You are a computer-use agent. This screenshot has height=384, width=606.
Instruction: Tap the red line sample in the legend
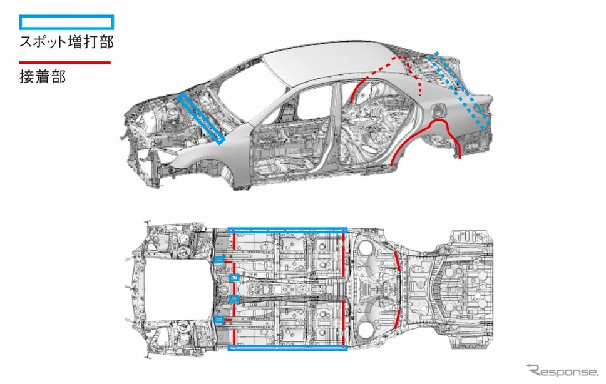pos(65,62)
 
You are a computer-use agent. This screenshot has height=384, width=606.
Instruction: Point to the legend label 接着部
pos(43,77)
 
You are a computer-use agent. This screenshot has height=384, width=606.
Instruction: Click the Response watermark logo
pos(562,371)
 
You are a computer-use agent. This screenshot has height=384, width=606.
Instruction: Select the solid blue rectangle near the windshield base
pos(202,118)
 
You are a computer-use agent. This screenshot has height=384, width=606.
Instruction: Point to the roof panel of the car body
pos(329,62)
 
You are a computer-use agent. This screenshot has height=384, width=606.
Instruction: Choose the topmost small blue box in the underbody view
pos(219,260)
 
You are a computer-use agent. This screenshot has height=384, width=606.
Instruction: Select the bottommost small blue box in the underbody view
pos(219,319)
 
